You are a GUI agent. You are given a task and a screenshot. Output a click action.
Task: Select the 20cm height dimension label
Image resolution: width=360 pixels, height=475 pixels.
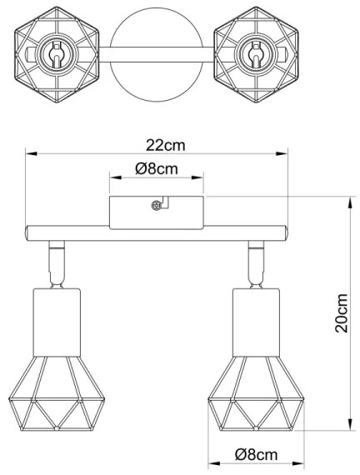pos(341,312)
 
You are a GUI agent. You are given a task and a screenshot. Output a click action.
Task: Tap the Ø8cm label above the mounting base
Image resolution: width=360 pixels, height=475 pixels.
pos(157,169)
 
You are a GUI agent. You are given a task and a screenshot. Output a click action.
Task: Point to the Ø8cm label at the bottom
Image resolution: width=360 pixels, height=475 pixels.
pos(256,454)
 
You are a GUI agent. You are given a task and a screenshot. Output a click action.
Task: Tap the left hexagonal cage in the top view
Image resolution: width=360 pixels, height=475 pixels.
pos(57,53)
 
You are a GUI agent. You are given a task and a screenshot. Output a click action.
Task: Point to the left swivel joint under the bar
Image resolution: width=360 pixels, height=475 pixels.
pos(57,262)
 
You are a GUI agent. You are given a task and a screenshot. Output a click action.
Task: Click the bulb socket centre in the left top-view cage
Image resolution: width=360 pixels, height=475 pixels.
pos(57,53)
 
